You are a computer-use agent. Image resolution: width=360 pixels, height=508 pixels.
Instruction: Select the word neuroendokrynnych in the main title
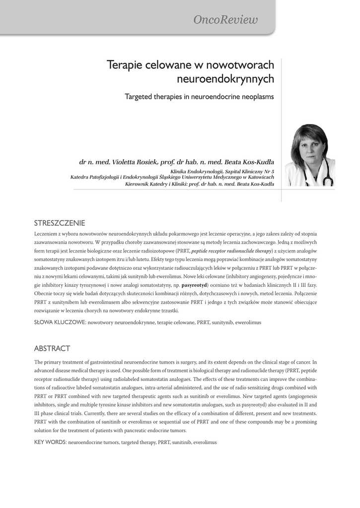click(225, 79)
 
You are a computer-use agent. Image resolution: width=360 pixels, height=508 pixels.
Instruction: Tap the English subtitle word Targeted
click(141, 97)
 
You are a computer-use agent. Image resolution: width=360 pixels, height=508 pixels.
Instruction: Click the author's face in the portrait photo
click(309, 147)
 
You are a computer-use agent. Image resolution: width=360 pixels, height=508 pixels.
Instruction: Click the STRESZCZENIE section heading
click(60, 222)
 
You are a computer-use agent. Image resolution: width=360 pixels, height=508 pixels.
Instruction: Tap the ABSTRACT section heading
click(52, 348)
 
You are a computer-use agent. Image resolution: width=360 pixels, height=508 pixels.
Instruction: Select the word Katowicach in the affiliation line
click(257, 177)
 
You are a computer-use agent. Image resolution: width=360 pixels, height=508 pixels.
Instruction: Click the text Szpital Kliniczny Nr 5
click(245, 171)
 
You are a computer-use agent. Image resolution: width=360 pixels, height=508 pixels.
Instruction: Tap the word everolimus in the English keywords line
click(205, 442)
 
